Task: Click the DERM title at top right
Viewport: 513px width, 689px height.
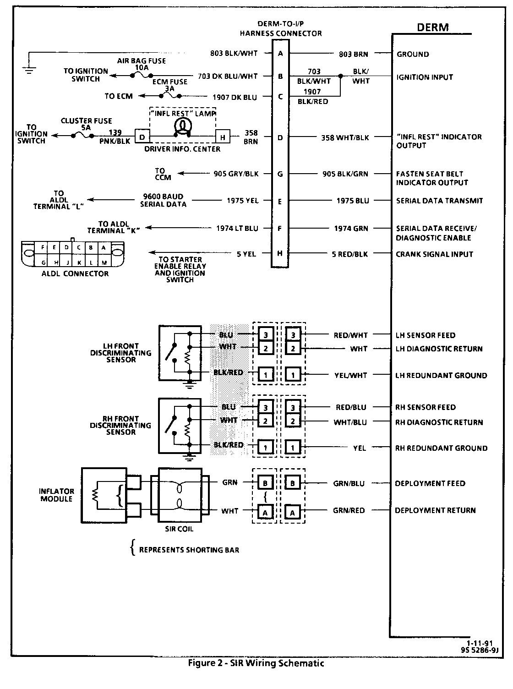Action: pyautogui.click(x=432, y=27)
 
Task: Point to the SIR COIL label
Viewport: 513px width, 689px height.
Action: pyautogui.click(x=179, y=529)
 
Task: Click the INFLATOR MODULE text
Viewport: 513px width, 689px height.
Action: pyautogui.click(x=57, y=495)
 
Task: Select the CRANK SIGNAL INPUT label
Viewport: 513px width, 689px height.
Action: pyautogui.click(x=434, y=254)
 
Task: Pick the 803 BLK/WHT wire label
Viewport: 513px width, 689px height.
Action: pyautogui.click(x=235, y=54)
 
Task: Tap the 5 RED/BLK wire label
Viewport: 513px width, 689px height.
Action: pyautogui.click(x=350, y=254)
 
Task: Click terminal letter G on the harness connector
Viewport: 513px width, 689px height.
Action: pyautogui.click(x=280, y=174)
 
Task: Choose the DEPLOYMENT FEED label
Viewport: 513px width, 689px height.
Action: pyautogui.click(x=430, y=483)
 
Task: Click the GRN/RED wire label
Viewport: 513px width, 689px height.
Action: pyautogui.click(x=349, y=510)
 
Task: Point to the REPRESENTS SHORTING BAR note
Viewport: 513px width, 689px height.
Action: pyautogui.click(x=189, y=550)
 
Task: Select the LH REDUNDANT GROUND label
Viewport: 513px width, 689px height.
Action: pyautogui.click(x=441, y=376)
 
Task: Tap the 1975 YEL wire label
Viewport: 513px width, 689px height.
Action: pyautogui.click(x=243, y=201)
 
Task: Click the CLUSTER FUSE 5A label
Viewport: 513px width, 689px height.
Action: pyautogui.click(x=86, y=125)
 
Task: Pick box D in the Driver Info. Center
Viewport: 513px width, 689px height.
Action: pyautogui.click(x=142, y=137)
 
